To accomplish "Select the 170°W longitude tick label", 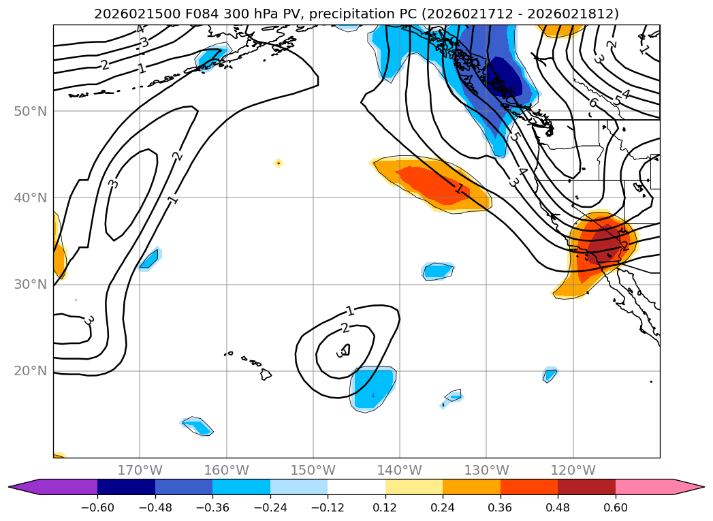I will (x=140, y=470).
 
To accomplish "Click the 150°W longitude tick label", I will (x=313, y=470).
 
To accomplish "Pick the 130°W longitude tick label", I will (x=486, y=470).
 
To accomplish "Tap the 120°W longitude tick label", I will (x=573, y=470).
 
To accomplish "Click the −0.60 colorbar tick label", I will (x=97, y=507).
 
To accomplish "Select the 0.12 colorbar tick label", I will (x=385, y=507).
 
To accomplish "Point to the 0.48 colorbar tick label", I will (x=558, y=507).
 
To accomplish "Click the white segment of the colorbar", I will (x=356, y=487).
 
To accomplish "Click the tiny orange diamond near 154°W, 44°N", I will (x=278, y=163).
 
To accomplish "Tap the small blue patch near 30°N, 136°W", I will (x=438, y=271).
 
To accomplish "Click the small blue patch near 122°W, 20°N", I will (x=550, y=374).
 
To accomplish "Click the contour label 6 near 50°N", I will (x=593, y=103).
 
